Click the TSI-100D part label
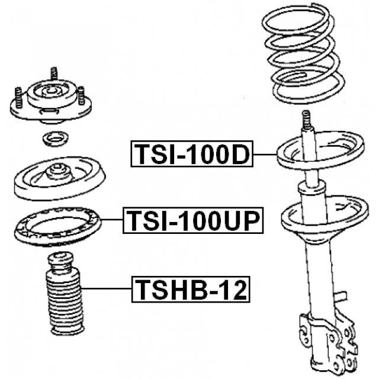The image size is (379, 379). coord(192,154)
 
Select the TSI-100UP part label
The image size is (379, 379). coord(193,220)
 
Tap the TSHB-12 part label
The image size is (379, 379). coord(191,290)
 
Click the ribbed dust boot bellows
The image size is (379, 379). coord(65,301)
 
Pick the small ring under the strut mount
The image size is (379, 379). coord(55,139)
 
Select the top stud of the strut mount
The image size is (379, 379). coord(54,73)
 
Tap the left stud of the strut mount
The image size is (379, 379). coord(18,97)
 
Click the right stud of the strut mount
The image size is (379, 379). coord(81,96)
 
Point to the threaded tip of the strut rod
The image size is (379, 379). coord(306,120)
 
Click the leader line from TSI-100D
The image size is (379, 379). coord(265,154)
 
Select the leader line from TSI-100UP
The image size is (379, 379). coord(112,220)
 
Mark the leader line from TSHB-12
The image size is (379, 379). coord(107,288)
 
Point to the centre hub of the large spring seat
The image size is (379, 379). coord(57,172)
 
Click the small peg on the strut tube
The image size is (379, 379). coord(341,296)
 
